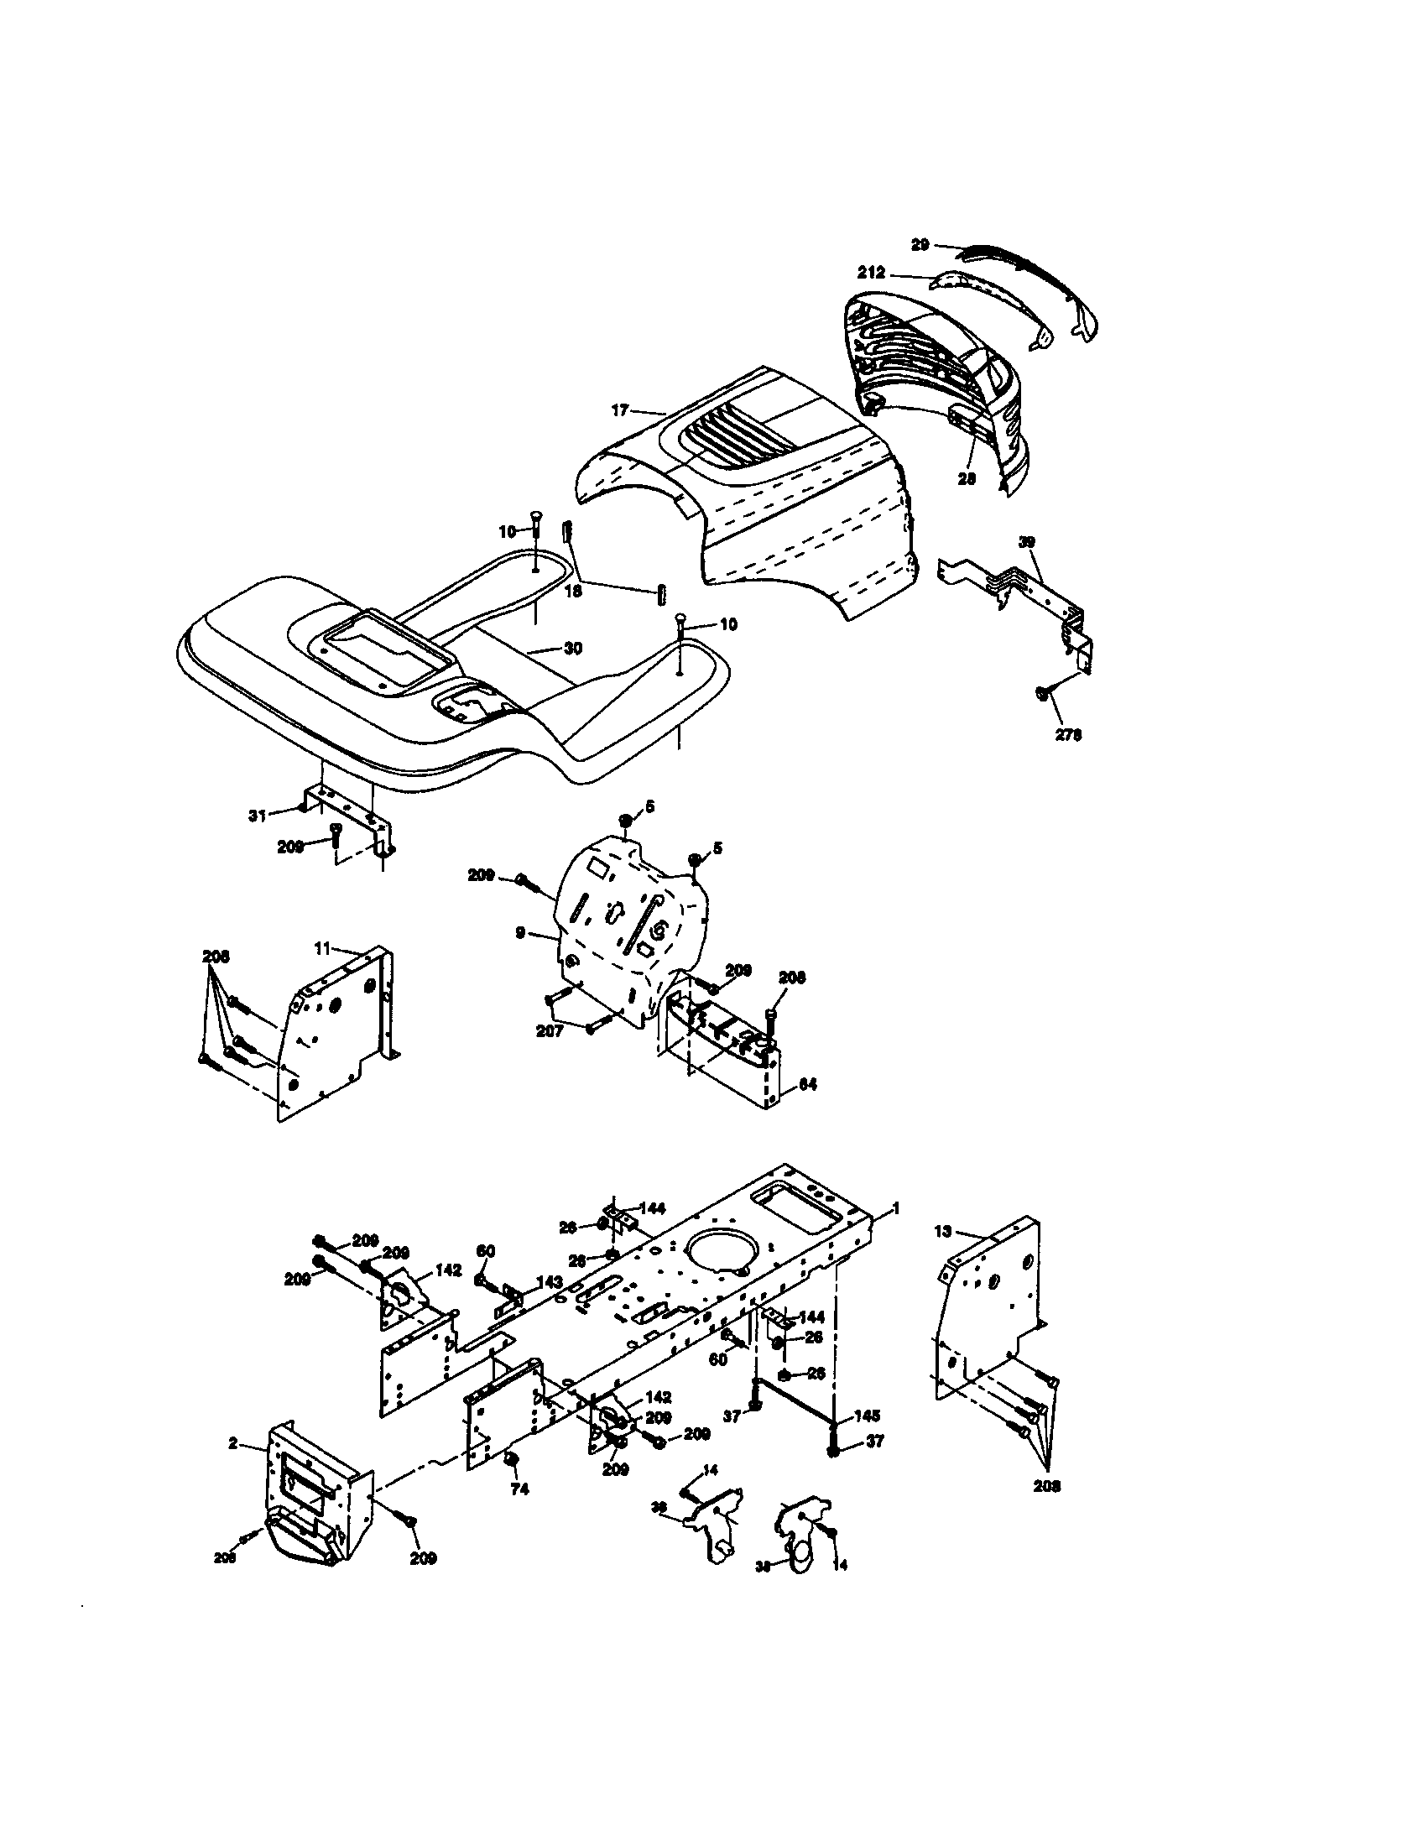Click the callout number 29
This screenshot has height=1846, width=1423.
(x=920, y=244)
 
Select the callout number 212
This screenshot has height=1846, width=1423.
(x=871, y=273)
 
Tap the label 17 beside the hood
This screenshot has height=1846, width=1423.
(x=620, y=410)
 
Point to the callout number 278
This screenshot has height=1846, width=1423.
(x=1068, y=734)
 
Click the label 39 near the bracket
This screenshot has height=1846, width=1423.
(x=1027, y=542)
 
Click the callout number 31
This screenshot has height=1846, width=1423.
(x=257, y=815)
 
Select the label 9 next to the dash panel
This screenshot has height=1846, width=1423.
(x=520, y=932)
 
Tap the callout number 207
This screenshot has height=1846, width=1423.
(x=550, y=1031)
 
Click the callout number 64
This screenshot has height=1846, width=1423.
(x=808, y=1083)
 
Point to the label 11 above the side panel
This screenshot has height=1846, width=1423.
(x=322, y=948)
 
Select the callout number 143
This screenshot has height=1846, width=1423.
(x=550, y=1282)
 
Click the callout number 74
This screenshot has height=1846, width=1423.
(x=519, y=1489)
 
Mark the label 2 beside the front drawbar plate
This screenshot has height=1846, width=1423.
(x=232, y=1444)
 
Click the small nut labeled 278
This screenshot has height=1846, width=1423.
(x=1043, y=693)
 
